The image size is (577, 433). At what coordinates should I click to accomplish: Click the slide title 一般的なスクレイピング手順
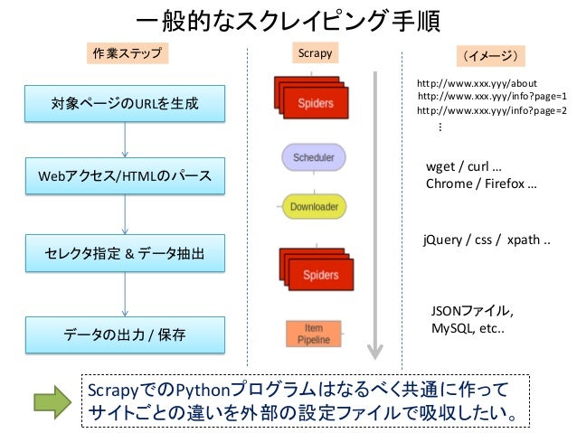(x=288, y=20)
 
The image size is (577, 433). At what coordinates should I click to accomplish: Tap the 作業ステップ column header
(x=128, y=53)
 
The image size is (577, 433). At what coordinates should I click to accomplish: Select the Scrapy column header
(x=315, y=53)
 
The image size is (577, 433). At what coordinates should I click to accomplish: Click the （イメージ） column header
(x=490, y=56)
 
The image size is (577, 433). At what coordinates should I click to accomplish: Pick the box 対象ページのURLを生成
(x=125, y=103)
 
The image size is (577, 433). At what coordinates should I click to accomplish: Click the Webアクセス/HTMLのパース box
(x=125, y=176)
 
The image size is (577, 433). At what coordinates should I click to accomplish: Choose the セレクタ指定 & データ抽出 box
(x=125, y=253)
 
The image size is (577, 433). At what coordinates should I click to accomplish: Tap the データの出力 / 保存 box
(x=125, y=334)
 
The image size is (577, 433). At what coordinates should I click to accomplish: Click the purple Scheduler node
(x=314, y=157)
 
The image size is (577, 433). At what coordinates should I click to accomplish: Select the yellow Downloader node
(x=314, y=206)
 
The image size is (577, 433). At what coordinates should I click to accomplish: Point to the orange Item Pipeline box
(x=314, y=334)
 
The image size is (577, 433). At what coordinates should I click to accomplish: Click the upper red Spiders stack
(x=311, y=98)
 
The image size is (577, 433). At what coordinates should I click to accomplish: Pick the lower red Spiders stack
(x=317, y=269)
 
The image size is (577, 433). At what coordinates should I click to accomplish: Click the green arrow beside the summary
(x=52, y=402)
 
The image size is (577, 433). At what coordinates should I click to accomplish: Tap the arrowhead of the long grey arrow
(x=375, y=352)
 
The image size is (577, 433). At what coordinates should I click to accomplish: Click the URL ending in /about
(x=477, y=83)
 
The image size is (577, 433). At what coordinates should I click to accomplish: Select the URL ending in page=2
(x=492, y=110)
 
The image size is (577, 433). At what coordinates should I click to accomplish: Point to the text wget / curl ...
(x=464, y=166)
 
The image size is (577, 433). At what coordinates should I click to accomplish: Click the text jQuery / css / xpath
(x=487, y=240)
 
